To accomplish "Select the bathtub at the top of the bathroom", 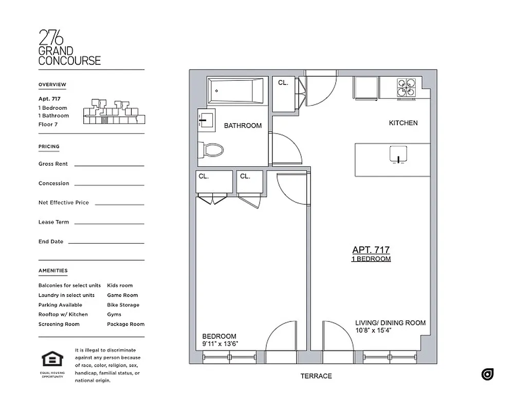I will (235, 91).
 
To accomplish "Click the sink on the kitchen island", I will (398, 155).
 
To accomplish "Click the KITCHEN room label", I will (403, 123).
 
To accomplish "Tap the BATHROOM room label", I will (243, 126).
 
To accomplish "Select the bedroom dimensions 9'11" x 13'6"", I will (220, 344).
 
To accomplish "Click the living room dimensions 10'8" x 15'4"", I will (374, 331).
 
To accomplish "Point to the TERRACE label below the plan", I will (316, 376).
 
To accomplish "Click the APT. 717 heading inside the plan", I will (371, 250).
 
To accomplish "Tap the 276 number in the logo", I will (51, 38).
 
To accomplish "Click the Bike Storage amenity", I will (123, 305).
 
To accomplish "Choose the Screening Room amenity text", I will (59, 324).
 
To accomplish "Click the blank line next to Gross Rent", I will (109, 165).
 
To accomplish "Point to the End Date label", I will (51, 242).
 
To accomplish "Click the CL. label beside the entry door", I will (283, 83).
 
